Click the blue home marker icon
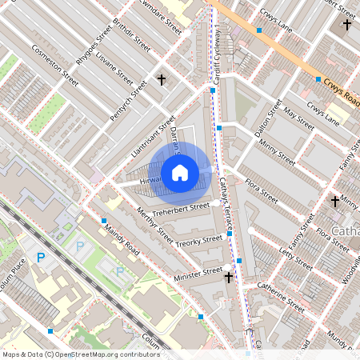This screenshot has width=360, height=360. pyautogui.click(x=180, y=172)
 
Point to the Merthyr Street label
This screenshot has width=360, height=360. pyautogui.click(x=154, y=226)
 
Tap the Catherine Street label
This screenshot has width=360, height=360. pyautogui.click(x=280, y=297)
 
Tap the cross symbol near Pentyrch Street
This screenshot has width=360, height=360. pyautogui.click(x=162, y=80)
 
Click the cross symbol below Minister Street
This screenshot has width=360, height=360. pyautogui.click(x=229, y=278)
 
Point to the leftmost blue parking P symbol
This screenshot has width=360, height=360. pyautogui.click(x=41, y=258)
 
